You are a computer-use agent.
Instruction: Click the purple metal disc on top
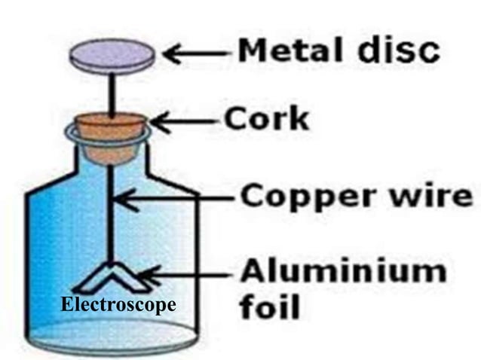[x=112, y=55]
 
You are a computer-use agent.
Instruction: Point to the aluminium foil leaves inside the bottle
[x=112, y=279]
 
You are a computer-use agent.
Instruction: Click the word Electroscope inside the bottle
[x=118, y=305]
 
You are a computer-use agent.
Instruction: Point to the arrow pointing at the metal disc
[x=195, y=53]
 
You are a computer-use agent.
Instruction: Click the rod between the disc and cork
[x=112, y=92]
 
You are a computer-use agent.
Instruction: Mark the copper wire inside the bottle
[x=111, y=218]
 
